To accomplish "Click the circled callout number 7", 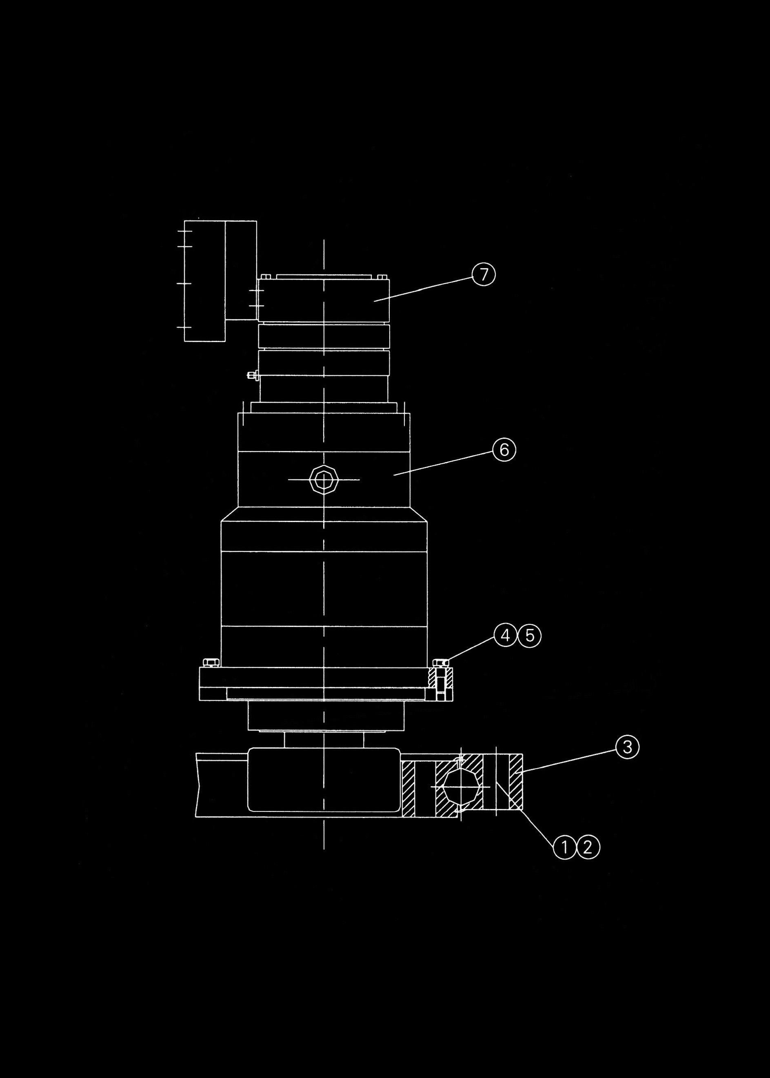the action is point(483,275).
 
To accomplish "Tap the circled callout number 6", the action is point(504,449).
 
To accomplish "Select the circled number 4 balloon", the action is point(506,635).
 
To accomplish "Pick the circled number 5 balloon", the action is point(530,635).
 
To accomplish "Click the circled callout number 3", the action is point(627,747).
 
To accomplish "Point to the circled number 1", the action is point(565,847).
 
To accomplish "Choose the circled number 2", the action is point(588,847).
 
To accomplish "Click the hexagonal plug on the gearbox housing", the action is point(323,480).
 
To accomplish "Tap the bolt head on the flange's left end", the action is point(211,662).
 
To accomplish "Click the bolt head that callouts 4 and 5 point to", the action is point(441,662).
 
